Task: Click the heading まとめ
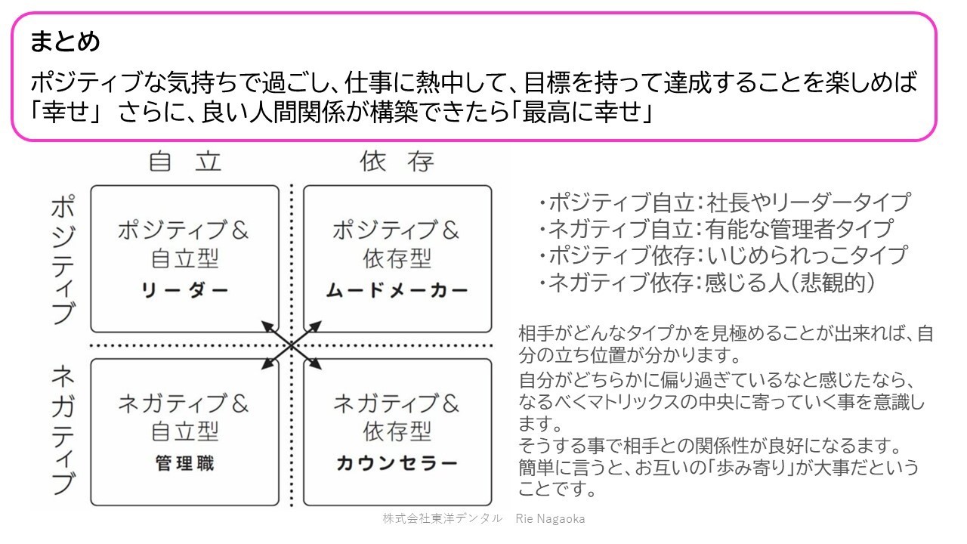click(65, 42)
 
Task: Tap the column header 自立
click(185, 162)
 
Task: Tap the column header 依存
click(397, 162)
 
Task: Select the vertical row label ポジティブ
click(63, 259)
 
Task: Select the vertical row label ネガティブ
click(63, 429)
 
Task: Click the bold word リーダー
click(185, 290)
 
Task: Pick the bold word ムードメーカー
click(397, 290)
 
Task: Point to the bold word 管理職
click(185, 463)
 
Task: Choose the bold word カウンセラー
click(397, 463)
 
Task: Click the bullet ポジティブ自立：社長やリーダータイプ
click(724, 202)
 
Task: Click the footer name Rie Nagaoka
click(550, 518)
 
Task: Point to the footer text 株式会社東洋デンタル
click(442, 518)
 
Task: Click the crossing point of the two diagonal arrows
click(292, 345)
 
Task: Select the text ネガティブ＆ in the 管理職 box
click(184, 403)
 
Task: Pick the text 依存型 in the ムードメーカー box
click(397, 258)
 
